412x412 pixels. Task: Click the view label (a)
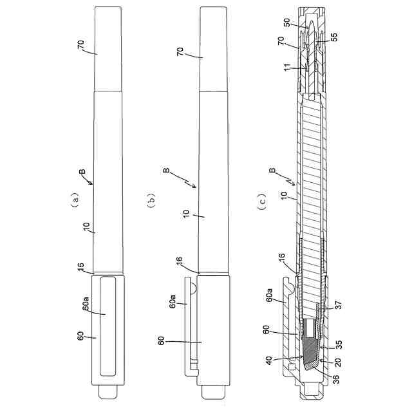75,200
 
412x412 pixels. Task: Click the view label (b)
152,200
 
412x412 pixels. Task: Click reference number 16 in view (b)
180,261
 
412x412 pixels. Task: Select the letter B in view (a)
82,172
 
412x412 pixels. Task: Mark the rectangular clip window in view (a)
106,328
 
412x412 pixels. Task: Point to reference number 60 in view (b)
160,339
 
